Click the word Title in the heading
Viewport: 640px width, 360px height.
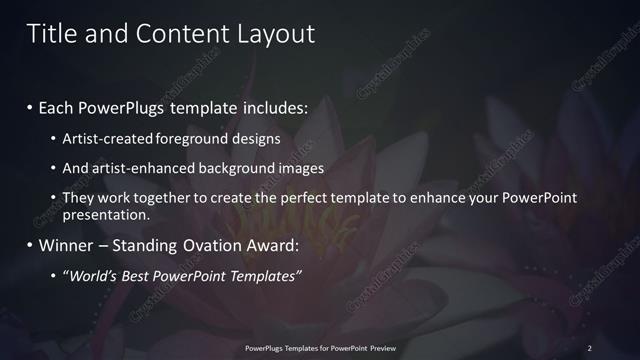53,34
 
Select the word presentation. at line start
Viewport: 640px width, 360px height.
106,214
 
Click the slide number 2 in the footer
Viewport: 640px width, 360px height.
589,347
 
